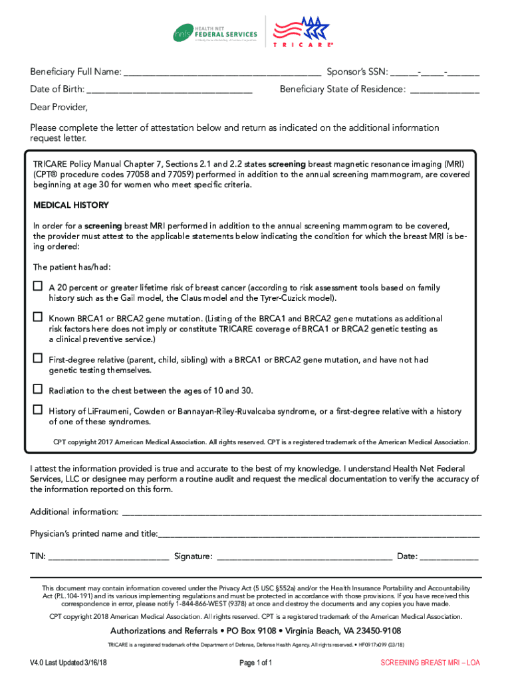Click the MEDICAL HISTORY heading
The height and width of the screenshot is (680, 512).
(x=71, y=205)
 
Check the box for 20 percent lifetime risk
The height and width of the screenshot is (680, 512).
(x=38, y=287)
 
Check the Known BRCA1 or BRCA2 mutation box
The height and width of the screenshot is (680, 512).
(x=38, y=318)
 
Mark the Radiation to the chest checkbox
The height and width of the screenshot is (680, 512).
(x=38, y=389)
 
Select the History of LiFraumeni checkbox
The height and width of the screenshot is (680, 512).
(x=38, y=410)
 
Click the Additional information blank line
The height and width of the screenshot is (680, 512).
(x=301, y=513)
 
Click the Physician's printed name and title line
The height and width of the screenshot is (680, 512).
(x=319, y=535)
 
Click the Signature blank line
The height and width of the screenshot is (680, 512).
(x=304, y=558)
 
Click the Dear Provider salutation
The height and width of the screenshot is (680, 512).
(x=59, y=108)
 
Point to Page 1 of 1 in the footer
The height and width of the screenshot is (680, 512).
(x=255, y=663)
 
